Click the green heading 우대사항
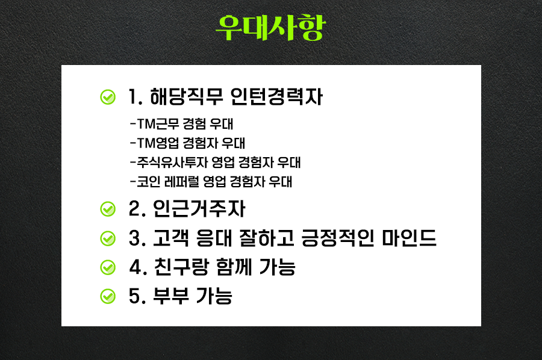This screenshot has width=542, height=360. click(x=270, y=28)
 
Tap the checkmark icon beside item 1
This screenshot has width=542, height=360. click(x=108, y=97)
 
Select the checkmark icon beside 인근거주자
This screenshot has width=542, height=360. click(x=108, y=209)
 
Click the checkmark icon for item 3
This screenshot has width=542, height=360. click(x=108, y=238)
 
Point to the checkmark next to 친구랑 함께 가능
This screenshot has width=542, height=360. click(x=108, y=267)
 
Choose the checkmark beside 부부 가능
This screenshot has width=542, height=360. click(x=108, y=296)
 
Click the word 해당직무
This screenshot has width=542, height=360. click(x=186, y=97)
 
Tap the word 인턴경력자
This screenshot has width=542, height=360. click(x=276, y=97)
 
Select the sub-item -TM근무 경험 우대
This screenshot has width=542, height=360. click(x=181, y=123)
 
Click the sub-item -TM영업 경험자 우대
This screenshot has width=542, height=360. click(x=188, y=143)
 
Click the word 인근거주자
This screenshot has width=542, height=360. click(x=199, y=209)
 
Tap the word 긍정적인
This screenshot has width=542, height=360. click(x=338, y=238)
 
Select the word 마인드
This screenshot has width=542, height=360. click(x=409, y=238)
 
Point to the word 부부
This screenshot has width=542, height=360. click(x=171, y=296)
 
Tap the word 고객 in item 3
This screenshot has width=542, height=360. click(x=171, y=238)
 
